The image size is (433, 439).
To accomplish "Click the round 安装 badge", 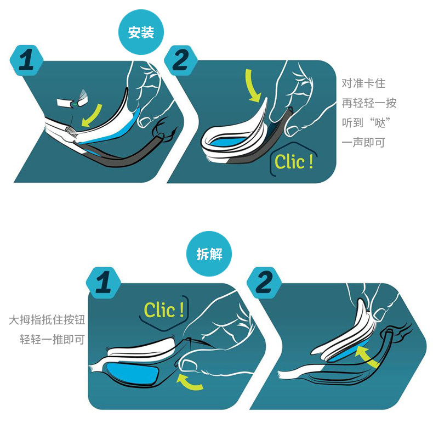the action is (x=141, y=32).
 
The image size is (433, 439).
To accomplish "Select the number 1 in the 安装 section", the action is (x=26, y=60).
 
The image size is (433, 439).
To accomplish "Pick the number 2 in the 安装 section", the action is (x=180, y=60).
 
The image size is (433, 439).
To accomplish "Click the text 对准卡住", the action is (x=363, y=83).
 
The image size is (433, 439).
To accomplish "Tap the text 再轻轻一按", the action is (x=369, y=103).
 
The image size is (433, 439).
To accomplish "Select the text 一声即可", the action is (x=363, y=143).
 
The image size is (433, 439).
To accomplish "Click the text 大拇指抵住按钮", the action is (x=47, y=319).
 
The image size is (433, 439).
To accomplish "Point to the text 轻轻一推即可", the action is (x=52, y=339).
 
